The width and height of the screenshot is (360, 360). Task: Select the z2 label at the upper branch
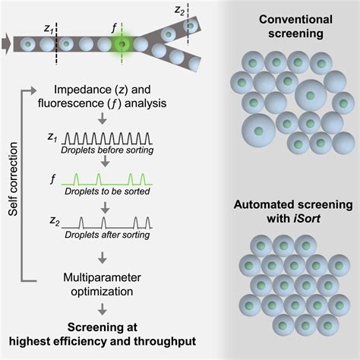(x=201, y=10)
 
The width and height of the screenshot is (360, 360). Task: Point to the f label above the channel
(x=115, y=26)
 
